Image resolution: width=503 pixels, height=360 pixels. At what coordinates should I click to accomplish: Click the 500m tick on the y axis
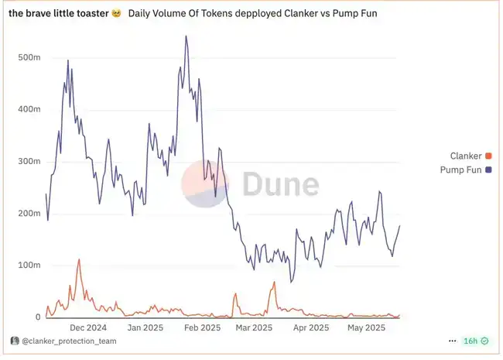29,57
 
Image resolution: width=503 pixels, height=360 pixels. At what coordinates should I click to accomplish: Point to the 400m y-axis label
29,109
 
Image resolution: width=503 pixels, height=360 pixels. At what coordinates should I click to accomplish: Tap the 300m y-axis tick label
29,161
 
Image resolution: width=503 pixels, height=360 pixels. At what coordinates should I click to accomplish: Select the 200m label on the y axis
29,213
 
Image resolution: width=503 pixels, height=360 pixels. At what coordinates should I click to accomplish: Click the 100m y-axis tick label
29,265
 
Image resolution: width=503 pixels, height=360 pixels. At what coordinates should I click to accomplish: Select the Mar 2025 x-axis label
253,327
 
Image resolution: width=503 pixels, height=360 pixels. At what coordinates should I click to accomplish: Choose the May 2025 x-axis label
366,327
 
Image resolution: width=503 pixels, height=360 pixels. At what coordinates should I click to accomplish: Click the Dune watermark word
280,184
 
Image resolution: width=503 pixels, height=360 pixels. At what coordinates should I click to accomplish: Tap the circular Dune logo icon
205,184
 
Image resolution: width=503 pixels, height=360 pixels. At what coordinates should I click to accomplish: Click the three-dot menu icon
452,341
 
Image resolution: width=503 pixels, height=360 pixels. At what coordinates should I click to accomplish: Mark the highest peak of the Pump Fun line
186,36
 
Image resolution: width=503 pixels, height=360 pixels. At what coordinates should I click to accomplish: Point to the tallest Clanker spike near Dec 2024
79,260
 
